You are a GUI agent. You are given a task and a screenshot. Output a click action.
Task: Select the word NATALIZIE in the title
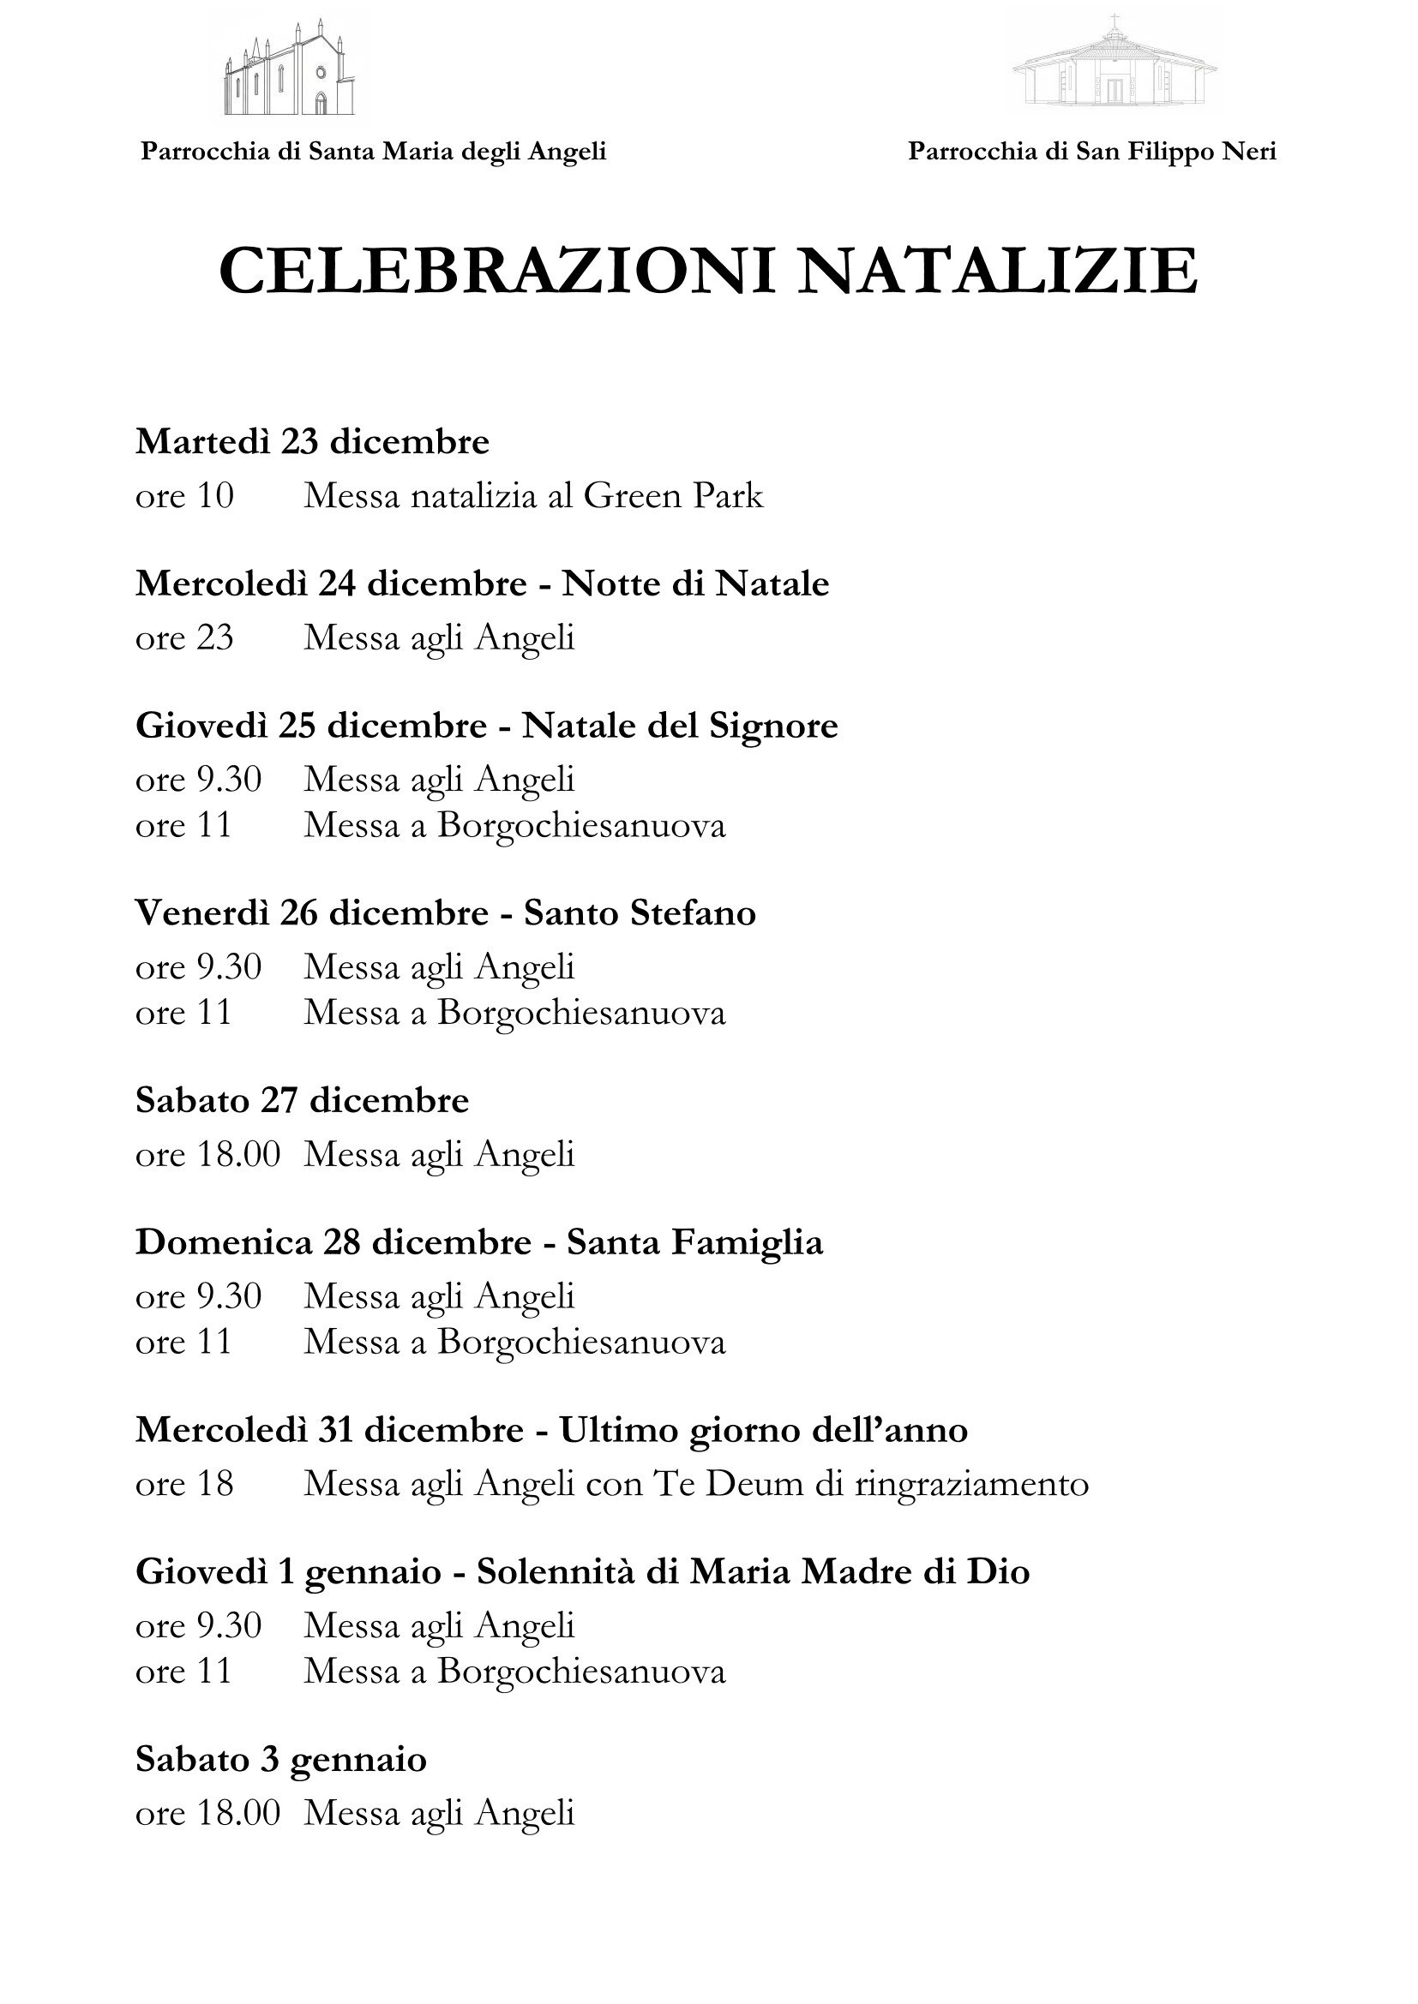[997, 272]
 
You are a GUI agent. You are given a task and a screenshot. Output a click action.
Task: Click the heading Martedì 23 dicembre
[312, 441]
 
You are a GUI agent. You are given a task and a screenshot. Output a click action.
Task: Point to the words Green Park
[673, 496]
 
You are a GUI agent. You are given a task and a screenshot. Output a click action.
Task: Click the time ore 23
[184, 637]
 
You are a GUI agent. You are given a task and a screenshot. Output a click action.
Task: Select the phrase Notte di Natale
[695, 583]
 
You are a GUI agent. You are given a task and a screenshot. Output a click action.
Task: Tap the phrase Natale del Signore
[679, 726]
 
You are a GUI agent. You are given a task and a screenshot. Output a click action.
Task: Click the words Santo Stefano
[640, 913]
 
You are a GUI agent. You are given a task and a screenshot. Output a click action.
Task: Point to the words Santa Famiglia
[694, 1242]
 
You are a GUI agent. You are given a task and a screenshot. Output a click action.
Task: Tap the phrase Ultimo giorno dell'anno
[763, 1430]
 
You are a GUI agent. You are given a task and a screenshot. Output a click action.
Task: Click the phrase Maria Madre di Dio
[860, 1572]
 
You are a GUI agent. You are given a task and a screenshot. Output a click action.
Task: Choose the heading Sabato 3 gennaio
[281, 1760]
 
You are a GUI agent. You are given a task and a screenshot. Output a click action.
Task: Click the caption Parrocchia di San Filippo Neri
[1091, 152]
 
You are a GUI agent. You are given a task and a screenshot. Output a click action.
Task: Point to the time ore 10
[184, 496]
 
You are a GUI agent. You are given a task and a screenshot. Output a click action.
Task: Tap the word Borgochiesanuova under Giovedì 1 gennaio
[581, 1672]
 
